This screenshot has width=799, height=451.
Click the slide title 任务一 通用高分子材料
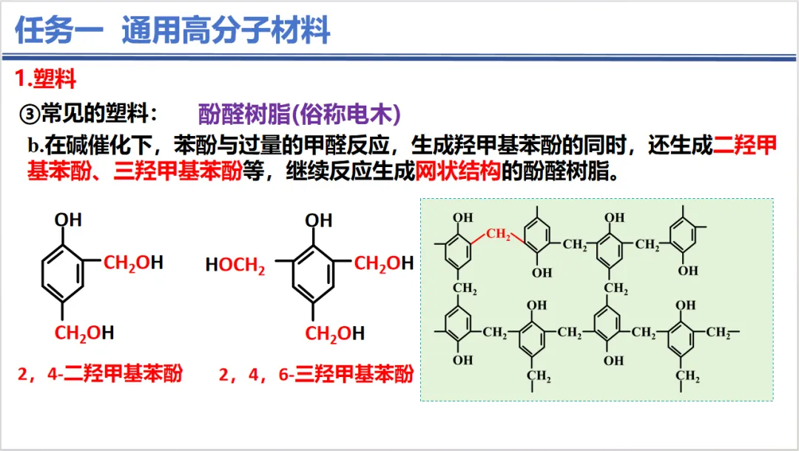(x=172, y=30)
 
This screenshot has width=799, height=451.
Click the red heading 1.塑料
(x=46, y=78)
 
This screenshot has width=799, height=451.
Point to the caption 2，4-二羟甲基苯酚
(x=100, y=373)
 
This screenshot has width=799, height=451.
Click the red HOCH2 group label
(x=235, y=265)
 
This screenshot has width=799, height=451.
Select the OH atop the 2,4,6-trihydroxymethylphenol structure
(x=319, y=220)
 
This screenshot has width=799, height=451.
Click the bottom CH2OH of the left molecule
(x=84, y=333)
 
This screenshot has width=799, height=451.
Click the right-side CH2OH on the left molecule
(x=133, y=262)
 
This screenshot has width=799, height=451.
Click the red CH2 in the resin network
(x=499, y=235)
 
